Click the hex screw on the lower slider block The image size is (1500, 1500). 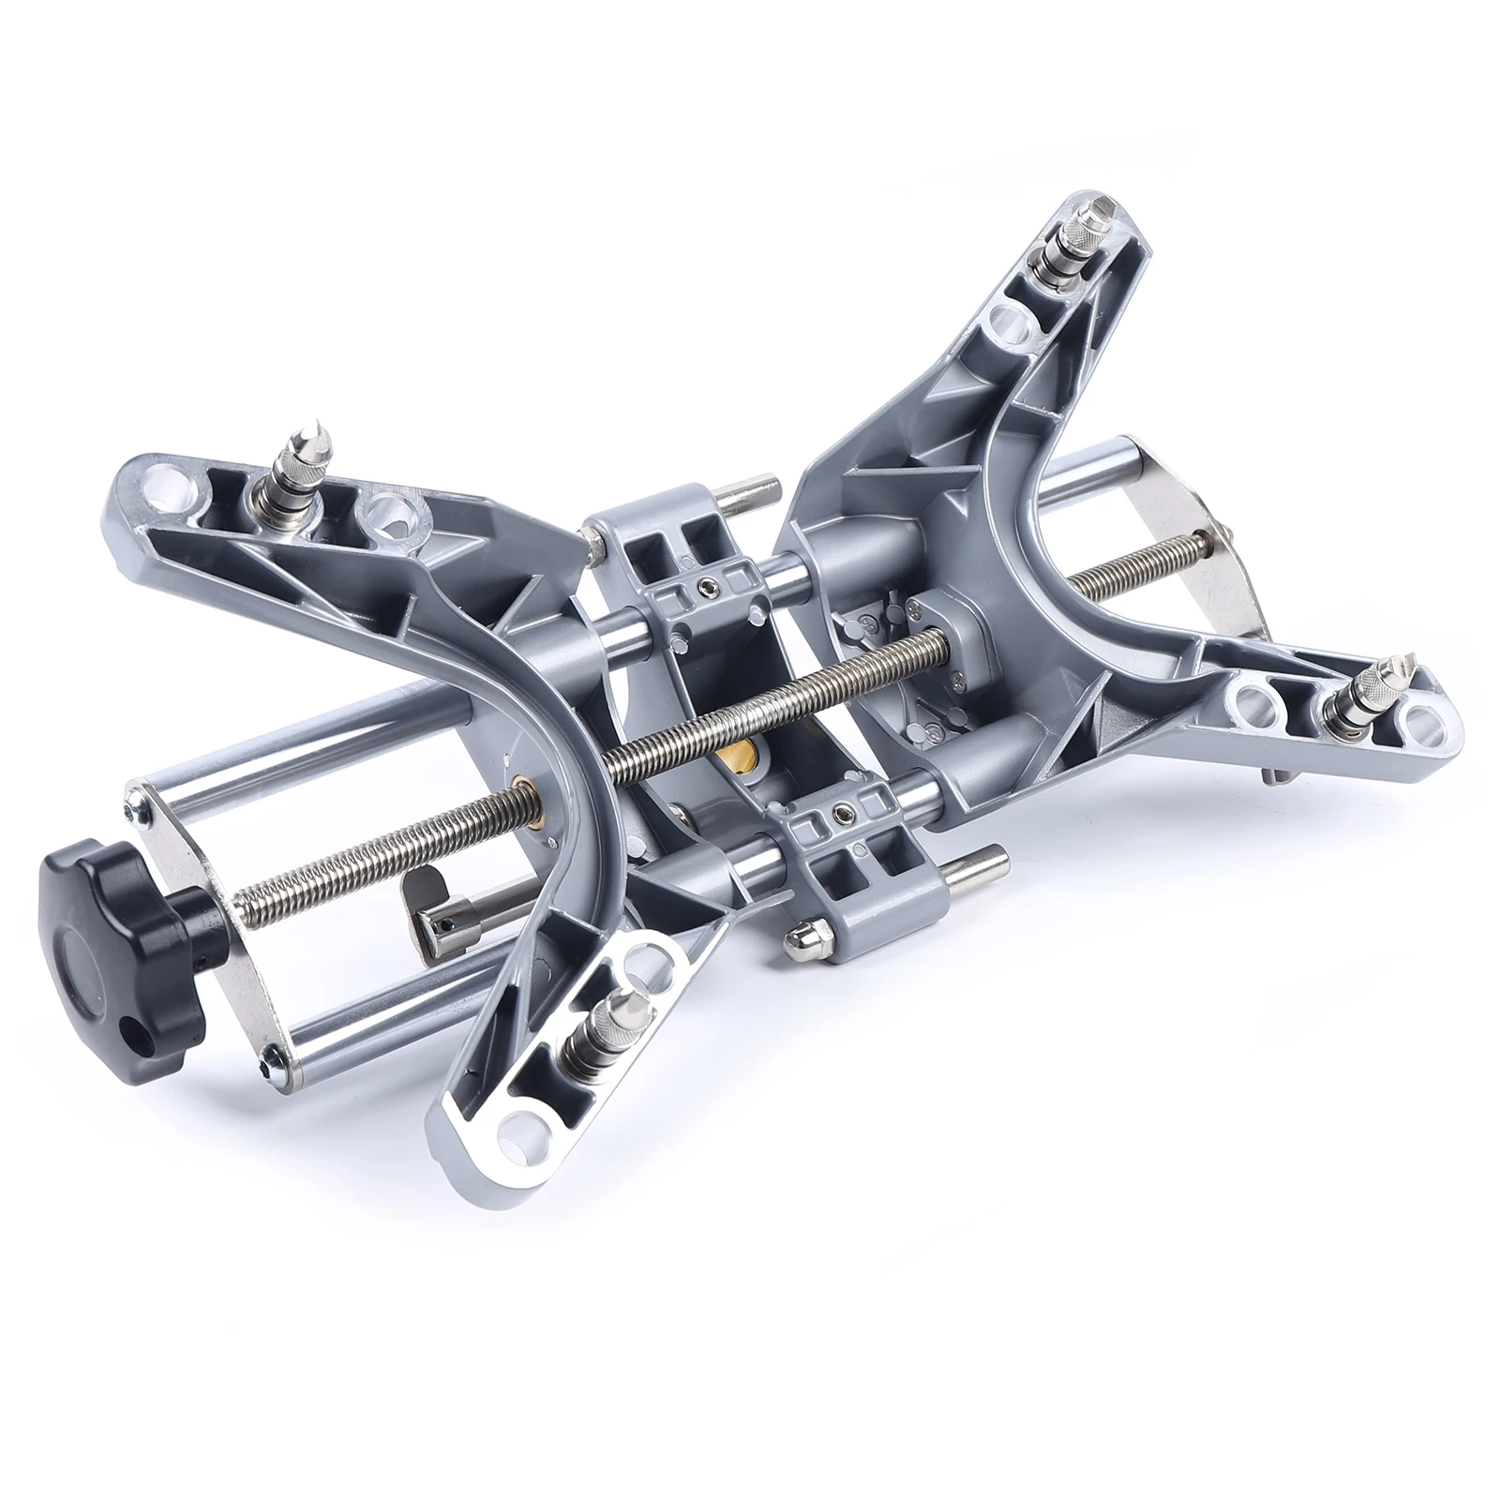[x=846, y=813]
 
